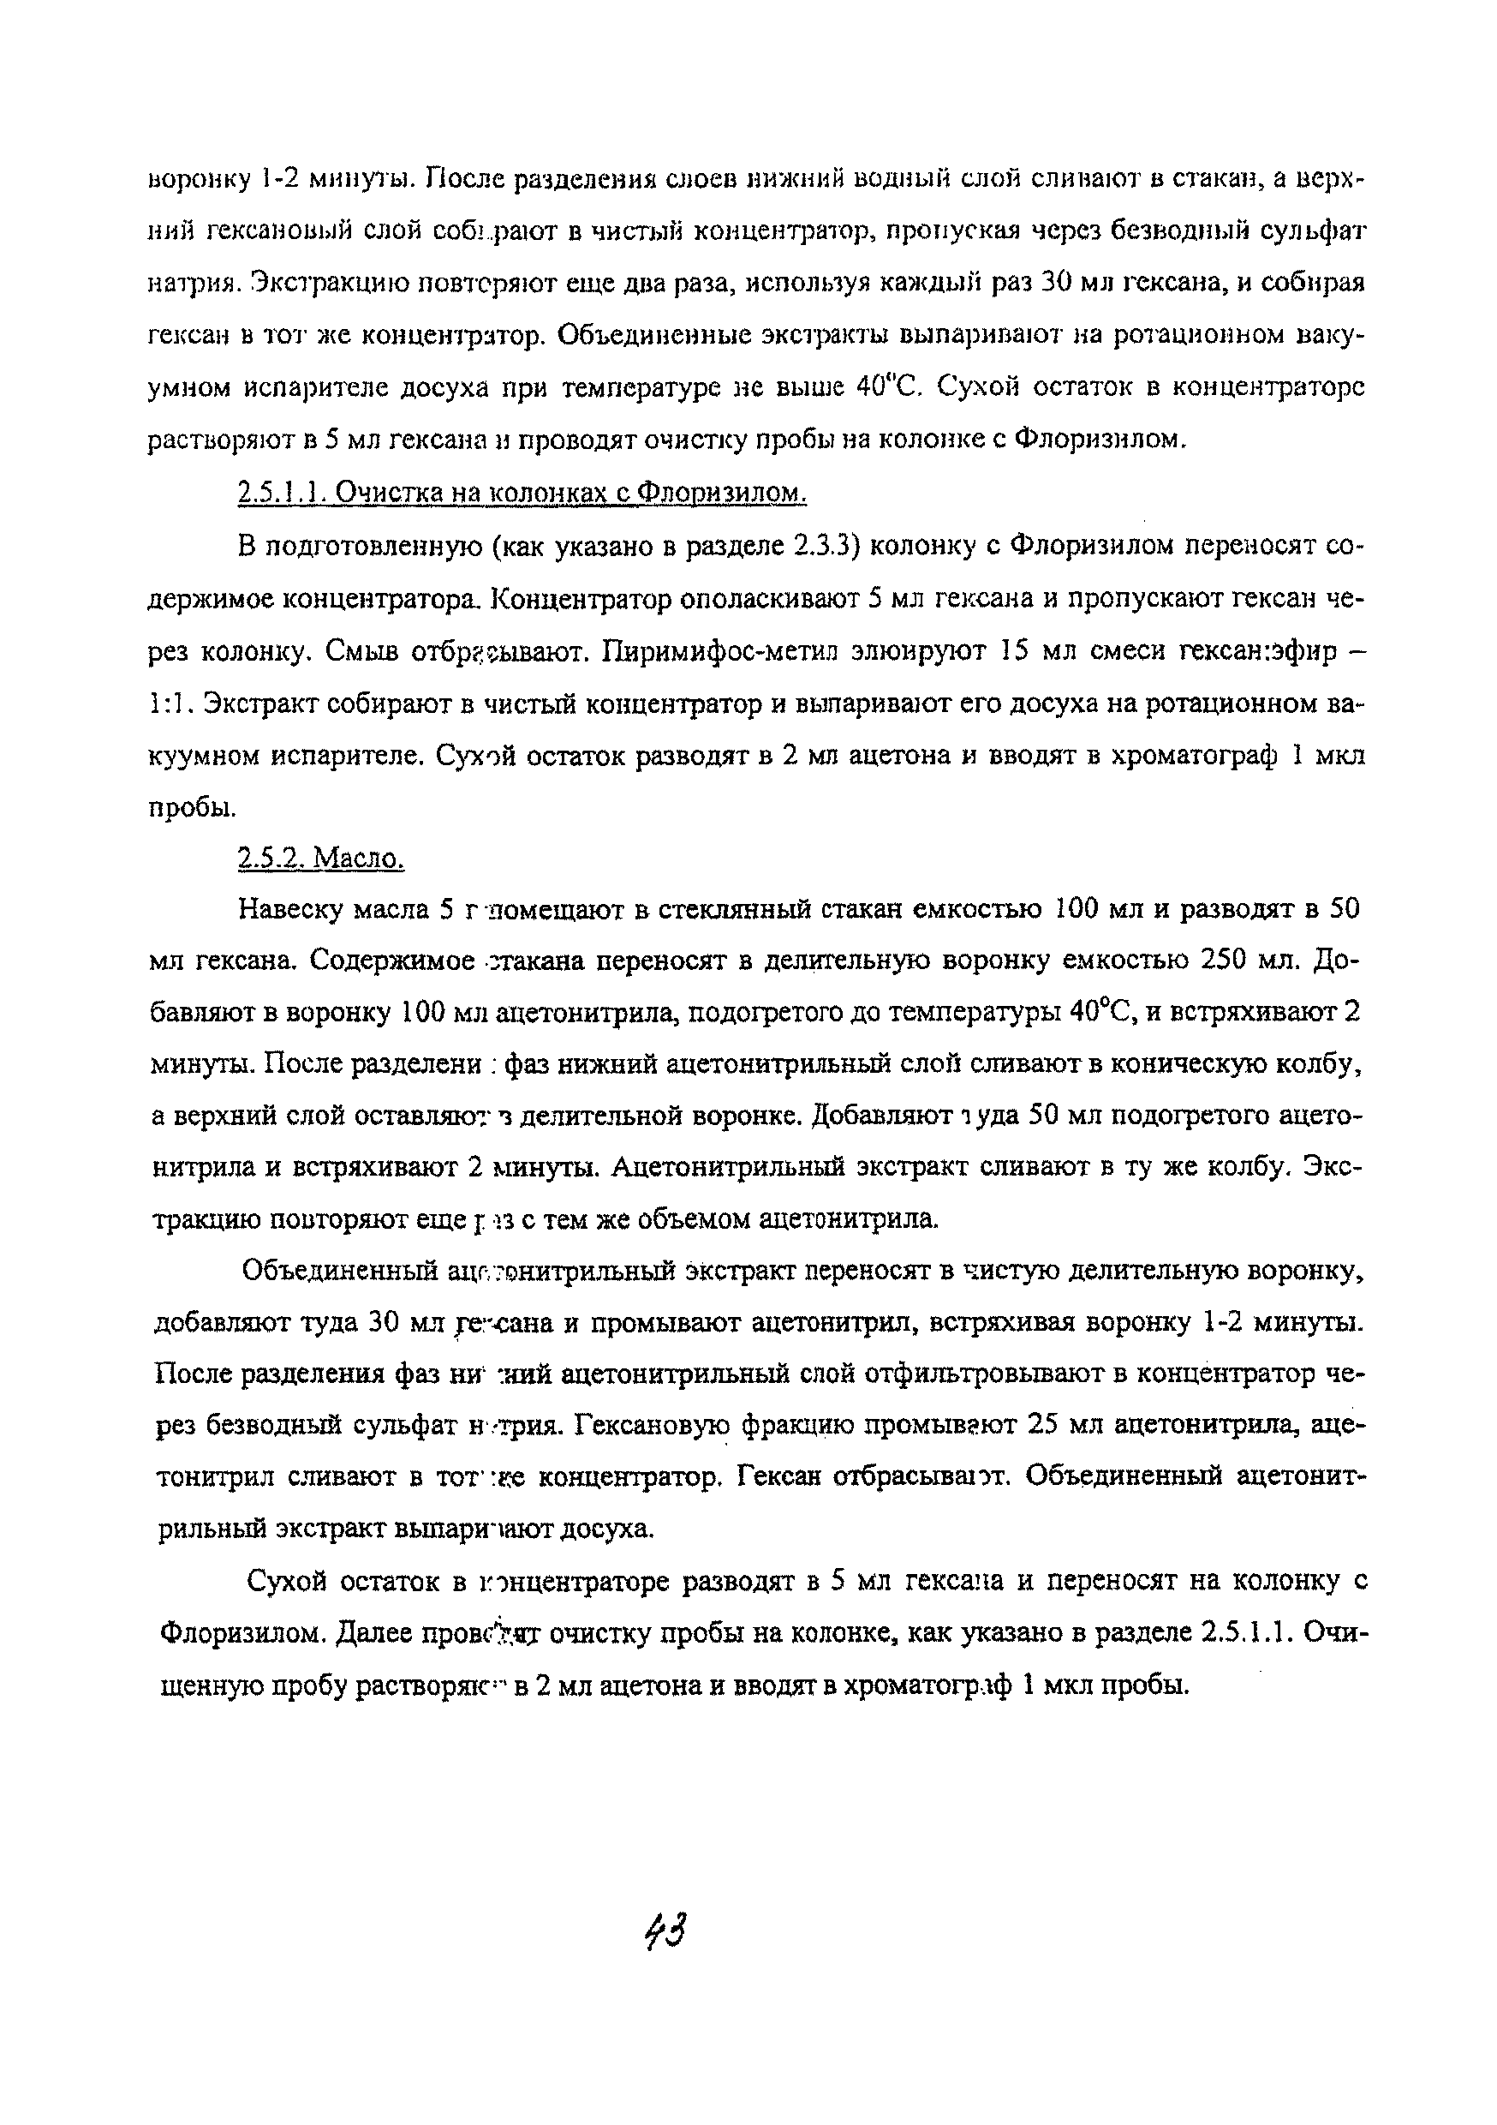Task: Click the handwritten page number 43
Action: pos(668,1930)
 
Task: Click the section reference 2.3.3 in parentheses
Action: pos(821,546)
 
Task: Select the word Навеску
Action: pos(288,910)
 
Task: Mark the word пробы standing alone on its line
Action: pos(192,808)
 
